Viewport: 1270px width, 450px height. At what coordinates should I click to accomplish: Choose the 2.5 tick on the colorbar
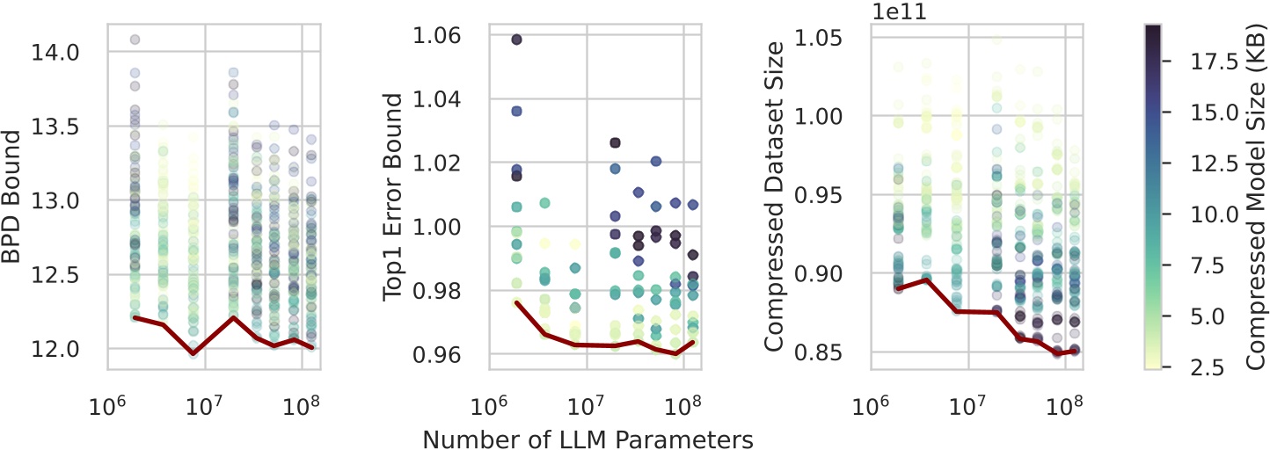[x=1191, y=367]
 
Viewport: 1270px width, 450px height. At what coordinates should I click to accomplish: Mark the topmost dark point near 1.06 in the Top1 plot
[x=516, y=40]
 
